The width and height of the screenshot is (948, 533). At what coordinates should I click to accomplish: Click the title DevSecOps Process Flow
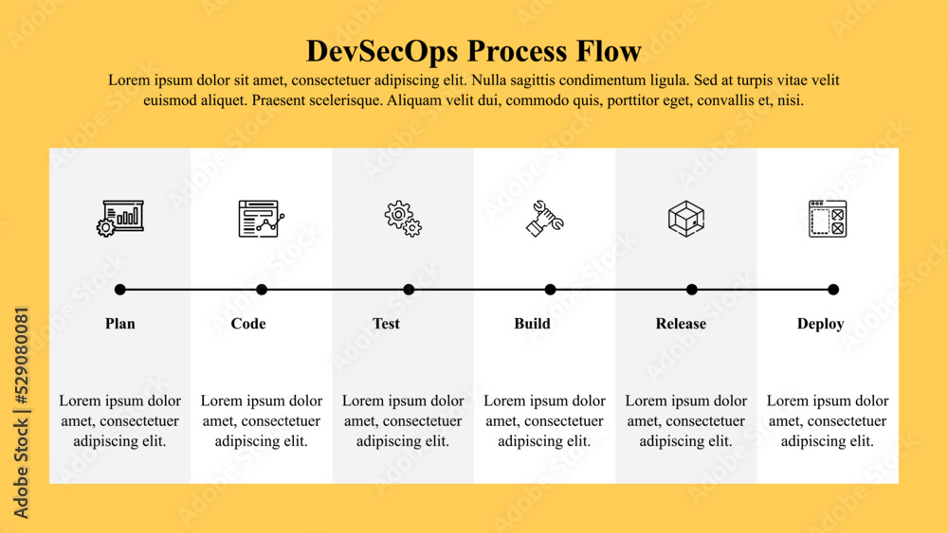click(x=474, y=50)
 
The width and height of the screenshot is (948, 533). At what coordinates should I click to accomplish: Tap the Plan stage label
click(x=120, y=324)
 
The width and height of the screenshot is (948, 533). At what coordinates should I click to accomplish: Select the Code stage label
click(x=248, y=324)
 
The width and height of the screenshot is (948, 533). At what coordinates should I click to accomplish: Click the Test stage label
click(x=386, y=324)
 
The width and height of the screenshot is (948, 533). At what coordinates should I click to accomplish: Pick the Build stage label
click(x=532, y=324)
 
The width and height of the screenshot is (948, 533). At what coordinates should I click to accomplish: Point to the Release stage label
click(x=681, y=324)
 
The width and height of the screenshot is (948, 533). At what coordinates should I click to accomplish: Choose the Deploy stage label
click(x=820, y=324)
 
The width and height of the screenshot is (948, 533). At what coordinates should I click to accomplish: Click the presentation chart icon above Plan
click(x=120, y=218)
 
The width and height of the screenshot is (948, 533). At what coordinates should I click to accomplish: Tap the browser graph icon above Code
click(x=261, y=218)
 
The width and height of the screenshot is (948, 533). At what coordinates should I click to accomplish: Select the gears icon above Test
click(x=403, y=218)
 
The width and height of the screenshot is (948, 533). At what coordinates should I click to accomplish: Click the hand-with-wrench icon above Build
click(x=545, y=218)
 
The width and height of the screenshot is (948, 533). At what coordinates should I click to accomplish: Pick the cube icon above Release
click(x=686, y=218)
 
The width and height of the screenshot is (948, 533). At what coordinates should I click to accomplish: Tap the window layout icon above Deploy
click(x=828, y=218)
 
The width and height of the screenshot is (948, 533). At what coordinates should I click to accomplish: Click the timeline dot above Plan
click(x=120, y=290)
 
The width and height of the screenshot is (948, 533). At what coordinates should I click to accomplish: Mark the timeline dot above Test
click(x=409, y=290)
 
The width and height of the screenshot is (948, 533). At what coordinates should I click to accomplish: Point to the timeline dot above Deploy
click(x=833, y=290)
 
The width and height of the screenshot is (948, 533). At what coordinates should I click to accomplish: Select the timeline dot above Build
click(x=551, y=290)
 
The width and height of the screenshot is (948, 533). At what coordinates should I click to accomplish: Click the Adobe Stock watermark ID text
click(x=22, y=412)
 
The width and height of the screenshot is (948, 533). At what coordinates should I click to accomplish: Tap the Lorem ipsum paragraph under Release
click(x=686, y=420)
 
